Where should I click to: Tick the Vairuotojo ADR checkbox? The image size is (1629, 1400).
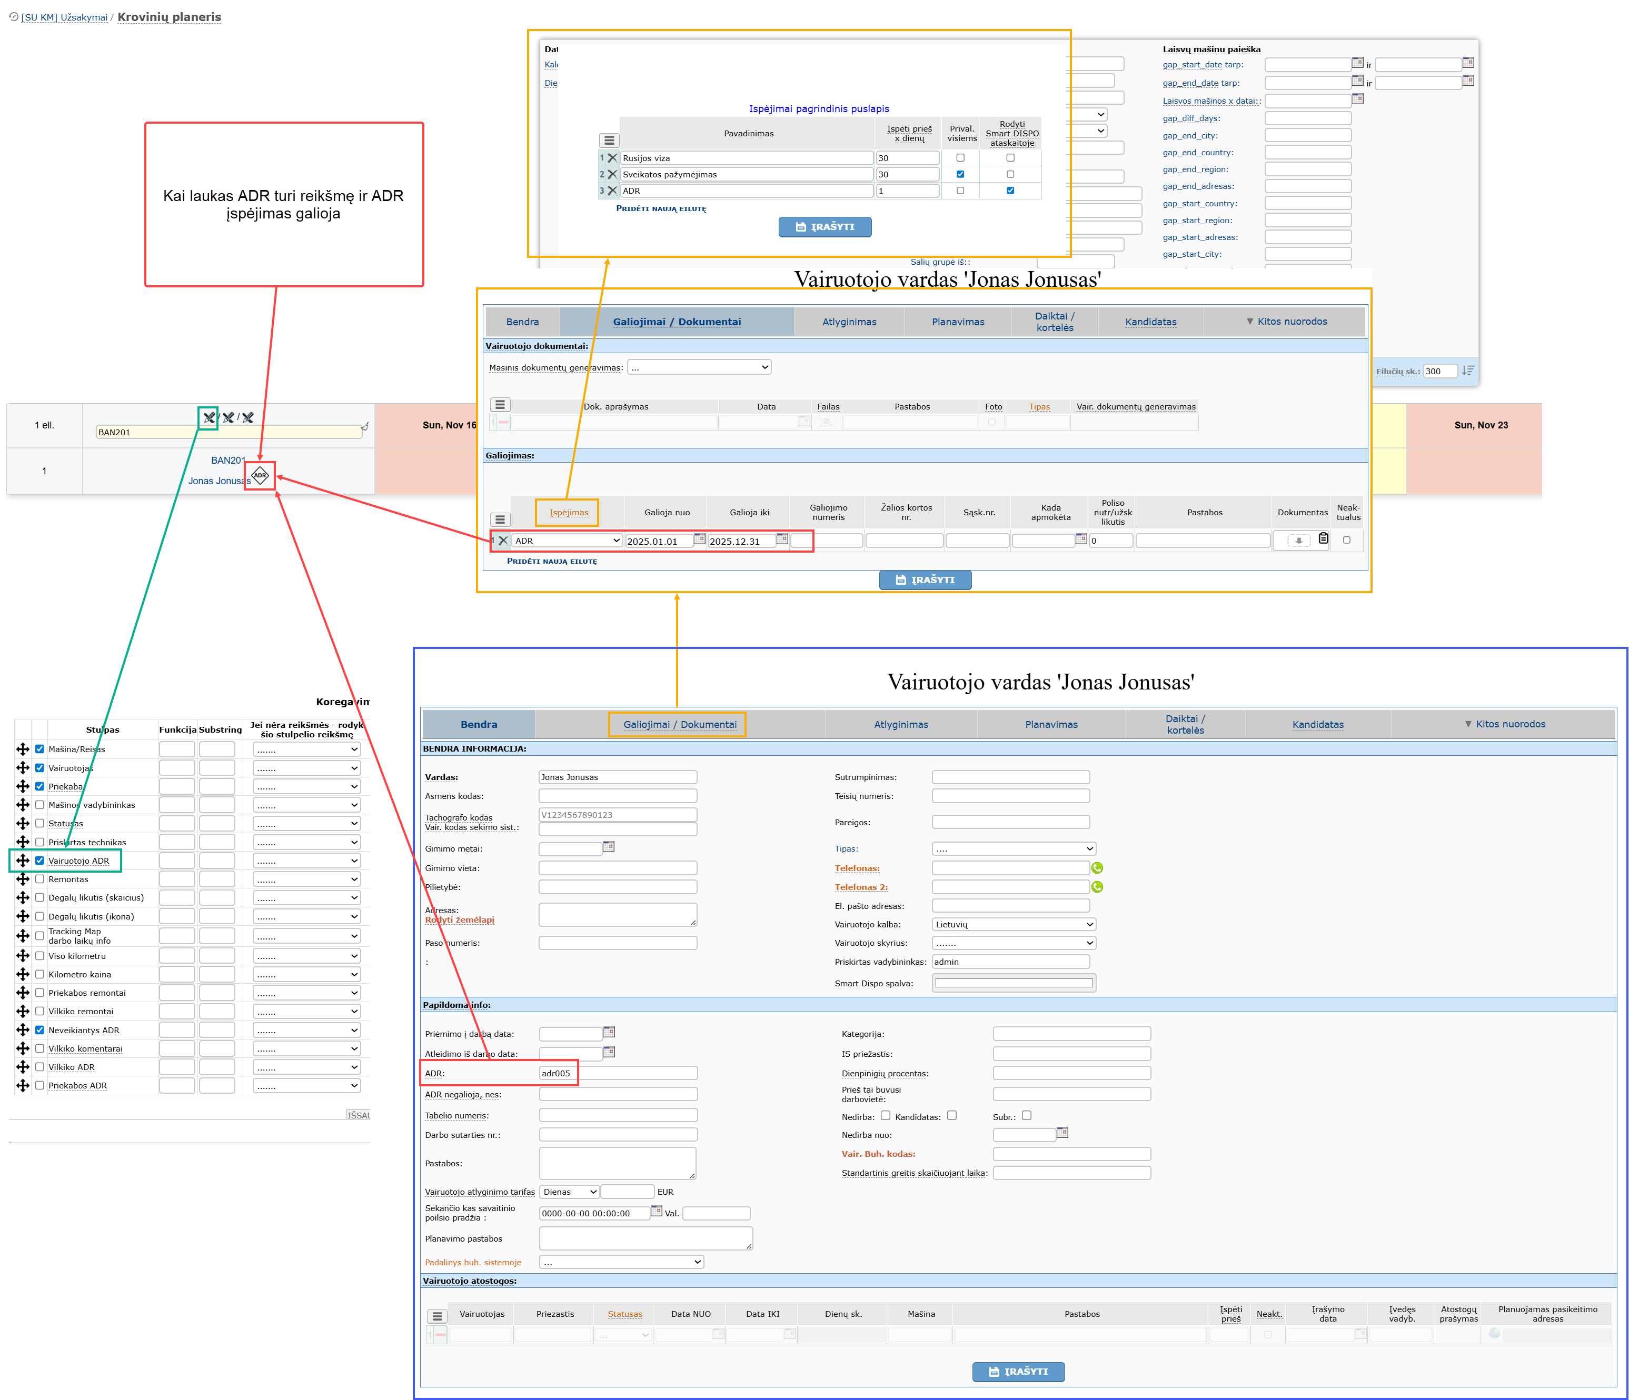click(x=39, y=861)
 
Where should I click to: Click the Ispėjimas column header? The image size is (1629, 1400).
click(x=569, y=513)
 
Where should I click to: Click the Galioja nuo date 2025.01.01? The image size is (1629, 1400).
click(x=658, y=541)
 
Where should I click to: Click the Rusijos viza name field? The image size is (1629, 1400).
click(x=747, y=158)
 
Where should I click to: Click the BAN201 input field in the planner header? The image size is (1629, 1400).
click(x=228, y=432)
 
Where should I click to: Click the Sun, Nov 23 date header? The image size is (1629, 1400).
click(x=1481, y=425)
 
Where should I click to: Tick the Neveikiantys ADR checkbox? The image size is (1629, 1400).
click(x=39, y=1030)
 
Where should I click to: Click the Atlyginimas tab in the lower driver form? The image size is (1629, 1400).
click(x=901, y=724)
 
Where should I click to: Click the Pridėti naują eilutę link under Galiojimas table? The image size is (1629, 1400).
click(x=552, y=561)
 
